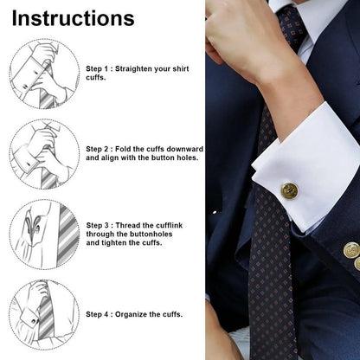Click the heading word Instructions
(x=74, y=18)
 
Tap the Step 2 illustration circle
(x=44, y=153)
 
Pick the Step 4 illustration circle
(x=44, y=312)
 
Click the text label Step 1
(x=100, y=67)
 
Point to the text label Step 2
(x=100, y=148)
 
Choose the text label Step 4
(x=100, y=314)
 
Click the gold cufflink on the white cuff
(x=289, y=190)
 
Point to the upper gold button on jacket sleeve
(x=351, y=249)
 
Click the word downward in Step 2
(x=183, y=148)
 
